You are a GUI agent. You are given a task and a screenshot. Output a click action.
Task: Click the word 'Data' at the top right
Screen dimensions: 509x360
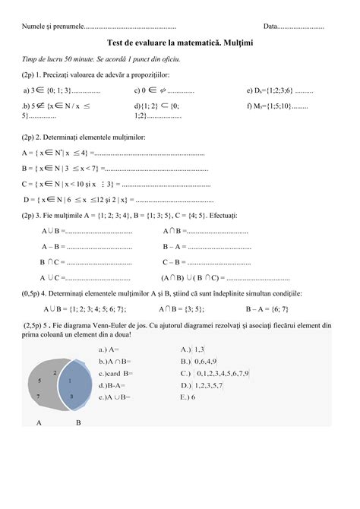pos(272,27)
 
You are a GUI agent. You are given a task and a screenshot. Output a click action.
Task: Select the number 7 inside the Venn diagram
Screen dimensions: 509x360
pos(39,397)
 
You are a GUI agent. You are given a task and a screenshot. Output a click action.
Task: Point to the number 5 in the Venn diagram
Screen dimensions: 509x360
pos(39,378)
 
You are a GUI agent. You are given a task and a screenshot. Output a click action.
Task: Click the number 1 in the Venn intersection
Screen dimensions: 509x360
pos(71,379)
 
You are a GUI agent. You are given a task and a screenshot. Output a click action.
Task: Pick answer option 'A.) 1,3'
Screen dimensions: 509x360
pos(189,349)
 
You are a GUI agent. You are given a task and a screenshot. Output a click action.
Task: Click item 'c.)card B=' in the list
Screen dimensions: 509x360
pos(115,373)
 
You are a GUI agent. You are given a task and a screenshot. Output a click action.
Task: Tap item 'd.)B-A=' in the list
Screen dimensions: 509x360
pos(112,385)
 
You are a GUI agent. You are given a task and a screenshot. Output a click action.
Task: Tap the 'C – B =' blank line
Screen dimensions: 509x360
pos(199,261)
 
